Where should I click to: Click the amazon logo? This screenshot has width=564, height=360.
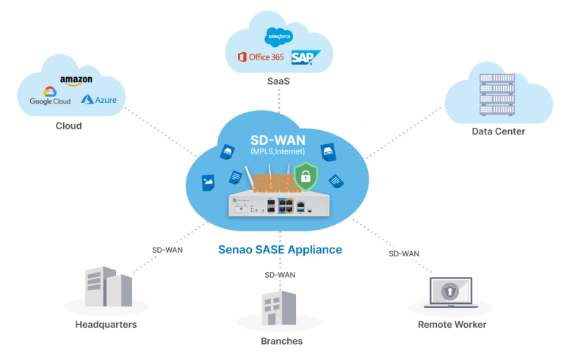coord(76,80)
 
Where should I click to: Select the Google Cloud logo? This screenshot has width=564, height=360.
coord(50,98)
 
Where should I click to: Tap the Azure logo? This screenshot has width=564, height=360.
coord(98,99)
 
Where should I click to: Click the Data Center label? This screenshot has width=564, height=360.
coord(498,132)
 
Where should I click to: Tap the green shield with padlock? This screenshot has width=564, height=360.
coord(304,176)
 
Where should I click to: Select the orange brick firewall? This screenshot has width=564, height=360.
coord(272,181)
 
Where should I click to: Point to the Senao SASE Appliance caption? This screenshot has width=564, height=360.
coord(280,250)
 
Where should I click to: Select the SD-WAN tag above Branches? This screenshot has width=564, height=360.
coord(278,275)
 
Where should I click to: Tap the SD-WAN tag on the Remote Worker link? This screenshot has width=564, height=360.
coord(403,253)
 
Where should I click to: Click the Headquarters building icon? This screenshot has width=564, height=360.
coord(108,288)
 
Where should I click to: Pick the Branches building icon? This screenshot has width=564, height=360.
coord(279,309)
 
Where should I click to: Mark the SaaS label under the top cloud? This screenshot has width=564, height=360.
coord(278,81)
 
